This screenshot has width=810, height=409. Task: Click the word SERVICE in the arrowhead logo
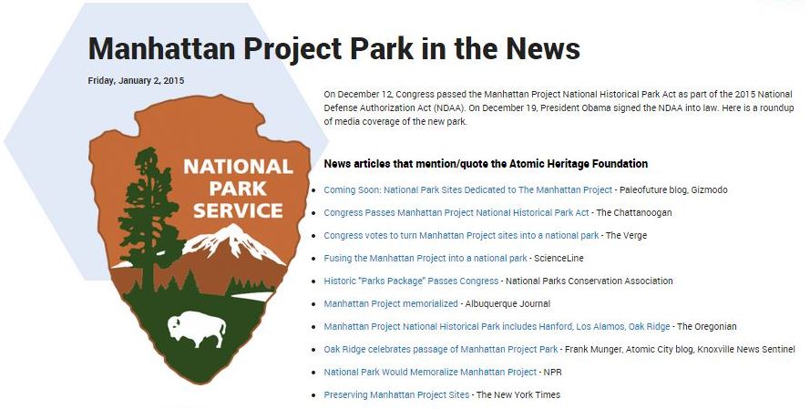coord(238,210)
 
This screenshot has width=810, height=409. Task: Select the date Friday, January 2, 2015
coord(136,80)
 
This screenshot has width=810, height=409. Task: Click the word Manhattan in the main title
coord(162,48)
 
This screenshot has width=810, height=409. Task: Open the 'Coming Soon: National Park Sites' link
coord(468,190)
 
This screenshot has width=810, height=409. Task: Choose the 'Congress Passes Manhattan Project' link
coord(456,213)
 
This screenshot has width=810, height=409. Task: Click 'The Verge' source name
coord(626,236)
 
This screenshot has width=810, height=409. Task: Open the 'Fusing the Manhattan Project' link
coord(426,258)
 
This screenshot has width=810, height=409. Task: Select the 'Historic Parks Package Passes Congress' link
coord(411,281)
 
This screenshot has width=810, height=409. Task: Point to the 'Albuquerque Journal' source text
coord(508,303)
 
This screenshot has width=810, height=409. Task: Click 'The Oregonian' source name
coord(707,326)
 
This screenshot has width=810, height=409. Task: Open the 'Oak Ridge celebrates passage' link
coord(441,349)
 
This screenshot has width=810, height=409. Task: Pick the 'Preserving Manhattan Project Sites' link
coord(396,394)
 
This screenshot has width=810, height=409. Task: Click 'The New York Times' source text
coord(518,394)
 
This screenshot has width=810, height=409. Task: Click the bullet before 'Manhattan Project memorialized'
coord(313,304)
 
